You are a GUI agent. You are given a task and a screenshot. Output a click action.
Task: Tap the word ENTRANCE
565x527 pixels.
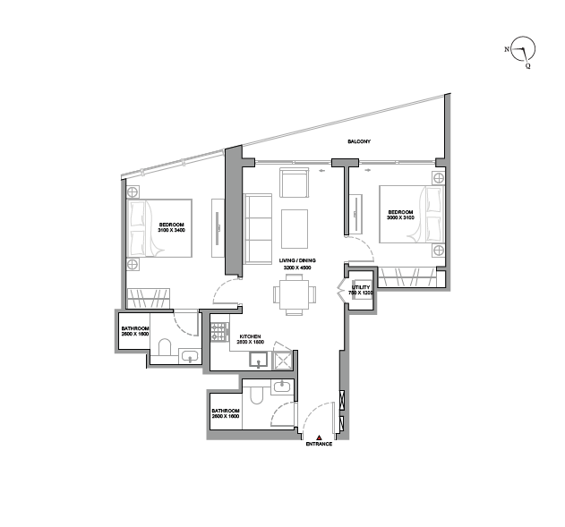click(x=320, y=444)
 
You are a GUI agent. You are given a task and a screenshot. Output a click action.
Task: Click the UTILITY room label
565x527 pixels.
click(x=359, y=288)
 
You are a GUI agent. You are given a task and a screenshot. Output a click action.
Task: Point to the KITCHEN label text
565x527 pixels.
click(x=250, y=337)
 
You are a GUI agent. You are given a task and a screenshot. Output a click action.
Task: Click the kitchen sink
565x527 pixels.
click(x=258, y=361)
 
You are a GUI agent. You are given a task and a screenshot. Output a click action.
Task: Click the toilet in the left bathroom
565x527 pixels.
click(x=164, y=346)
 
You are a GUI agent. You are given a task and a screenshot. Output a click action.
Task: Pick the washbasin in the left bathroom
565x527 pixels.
click(x=188, y=357)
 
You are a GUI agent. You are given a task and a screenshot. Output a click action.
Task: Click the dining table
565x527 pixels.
click(x=295, y=294)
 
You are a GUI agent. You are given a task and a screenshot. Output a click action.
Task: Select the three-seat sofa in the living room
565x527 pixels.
click(x=259, y=228)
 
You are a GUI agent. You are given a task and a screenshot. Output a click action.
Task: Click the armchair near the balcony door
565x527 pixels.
click(x=294, y=183)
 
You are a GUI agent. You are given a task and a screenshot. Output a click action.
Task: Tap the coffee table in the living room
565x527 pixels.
click(x=295, y=228)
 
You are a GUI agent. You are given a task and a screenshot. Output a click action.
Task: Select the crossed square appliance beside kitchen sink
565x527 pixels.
click(x=282, y=361)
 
